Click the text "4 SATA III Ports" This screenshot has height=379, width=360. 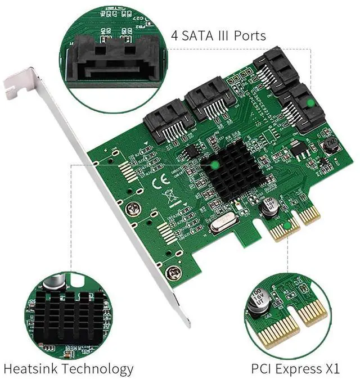(x=218, y=36)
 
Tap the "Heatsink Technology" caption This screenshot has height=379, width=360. (x=69, y=369)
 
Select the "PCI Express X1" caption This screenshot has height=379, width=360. (x=295, y=369)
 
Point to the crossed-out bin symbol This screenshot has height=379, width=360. (x=167, y=196)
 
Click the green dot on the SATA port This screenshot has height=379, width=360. (x=309, y=103)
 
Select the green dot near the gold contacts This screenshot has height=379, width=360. (x=287, y=226)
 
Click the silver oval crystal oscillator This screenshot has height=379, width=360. (x=220, y=227)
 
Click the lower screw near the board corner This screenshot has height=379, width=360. (x=172, y=274)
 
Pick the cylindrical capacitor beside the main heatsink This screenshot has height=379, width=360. (x=268, y=206)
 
